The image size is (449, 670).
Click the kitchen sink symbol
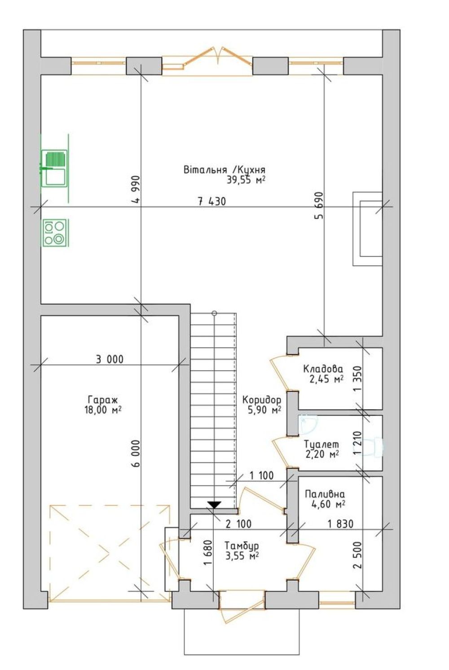pos(54,168)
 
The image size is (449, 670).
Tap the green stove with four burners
pos(55,233)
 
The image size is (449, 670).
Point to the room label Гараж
pos(103,400)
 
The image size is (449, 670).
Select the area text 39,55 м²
pos(246,180)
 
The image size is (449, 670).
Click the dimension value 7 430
pos(212,201)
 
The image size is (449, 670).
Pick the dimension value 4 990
pos(136,190)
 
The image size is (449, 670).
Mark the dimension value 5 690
pos(319,206)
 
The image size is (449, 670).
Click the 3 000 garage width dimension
pos(109,359)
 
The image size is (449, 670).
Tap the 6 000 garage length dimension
pos(136,454)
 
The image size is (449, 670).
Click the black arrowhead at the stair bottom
pos(214,504)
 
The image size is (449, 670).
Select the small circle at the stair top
pos(214,314)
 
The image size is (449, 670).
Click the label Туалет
pos(321,443)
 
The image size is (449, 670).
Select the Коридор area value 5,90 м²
pos(264,410)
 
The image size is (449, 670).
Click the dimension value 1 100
pos(261,475)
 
